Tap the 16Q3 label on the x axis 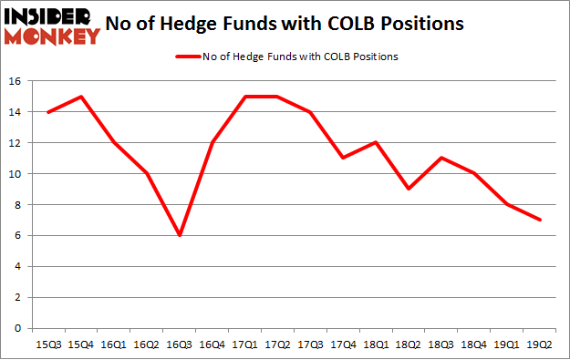click(x=179, y=345)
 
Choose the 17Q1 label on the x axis click(x=245, y=345)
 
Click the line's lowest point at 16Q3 click(x=179, y=235)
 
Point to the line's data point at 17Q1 click(x=245, y=96)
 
